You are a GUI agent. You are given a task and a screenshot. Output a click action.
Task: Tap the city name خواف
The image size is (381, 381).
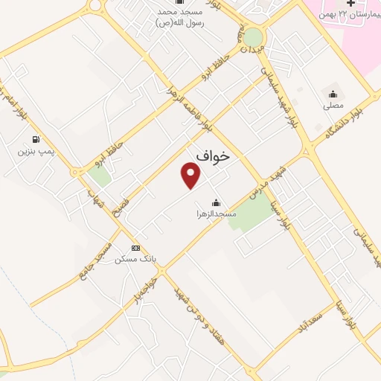coord(214,155)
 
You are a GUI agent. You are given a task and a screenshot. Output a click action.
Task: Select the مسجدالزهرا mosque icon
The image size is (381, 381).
coord(217,202)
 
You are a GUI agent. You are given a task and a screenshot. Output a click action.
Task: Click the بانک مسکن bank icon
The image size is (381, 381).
coord(135,248)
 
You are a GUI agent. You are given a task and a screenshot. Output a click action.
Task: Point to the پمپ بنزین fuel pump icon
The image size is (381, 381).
coord(36,139)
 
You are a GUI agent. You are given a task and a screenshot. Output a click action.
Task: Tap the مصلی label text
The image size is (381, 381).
coord(333,106)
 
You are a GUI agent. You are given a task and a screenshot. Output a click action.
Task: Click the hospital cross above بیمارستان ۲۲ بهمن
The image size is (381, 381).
coord(350,4)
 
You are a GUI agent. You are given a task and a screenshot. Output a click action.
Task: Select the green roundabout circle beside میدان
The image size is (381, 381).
coord(253,36)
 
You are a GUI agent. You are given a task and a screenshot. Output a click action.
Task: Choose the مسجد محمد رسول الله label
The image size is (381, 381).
coord(181,18)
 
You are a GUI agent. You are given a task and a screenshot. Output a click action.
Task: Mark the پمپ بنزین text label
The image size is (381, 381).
coord(36,151)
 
